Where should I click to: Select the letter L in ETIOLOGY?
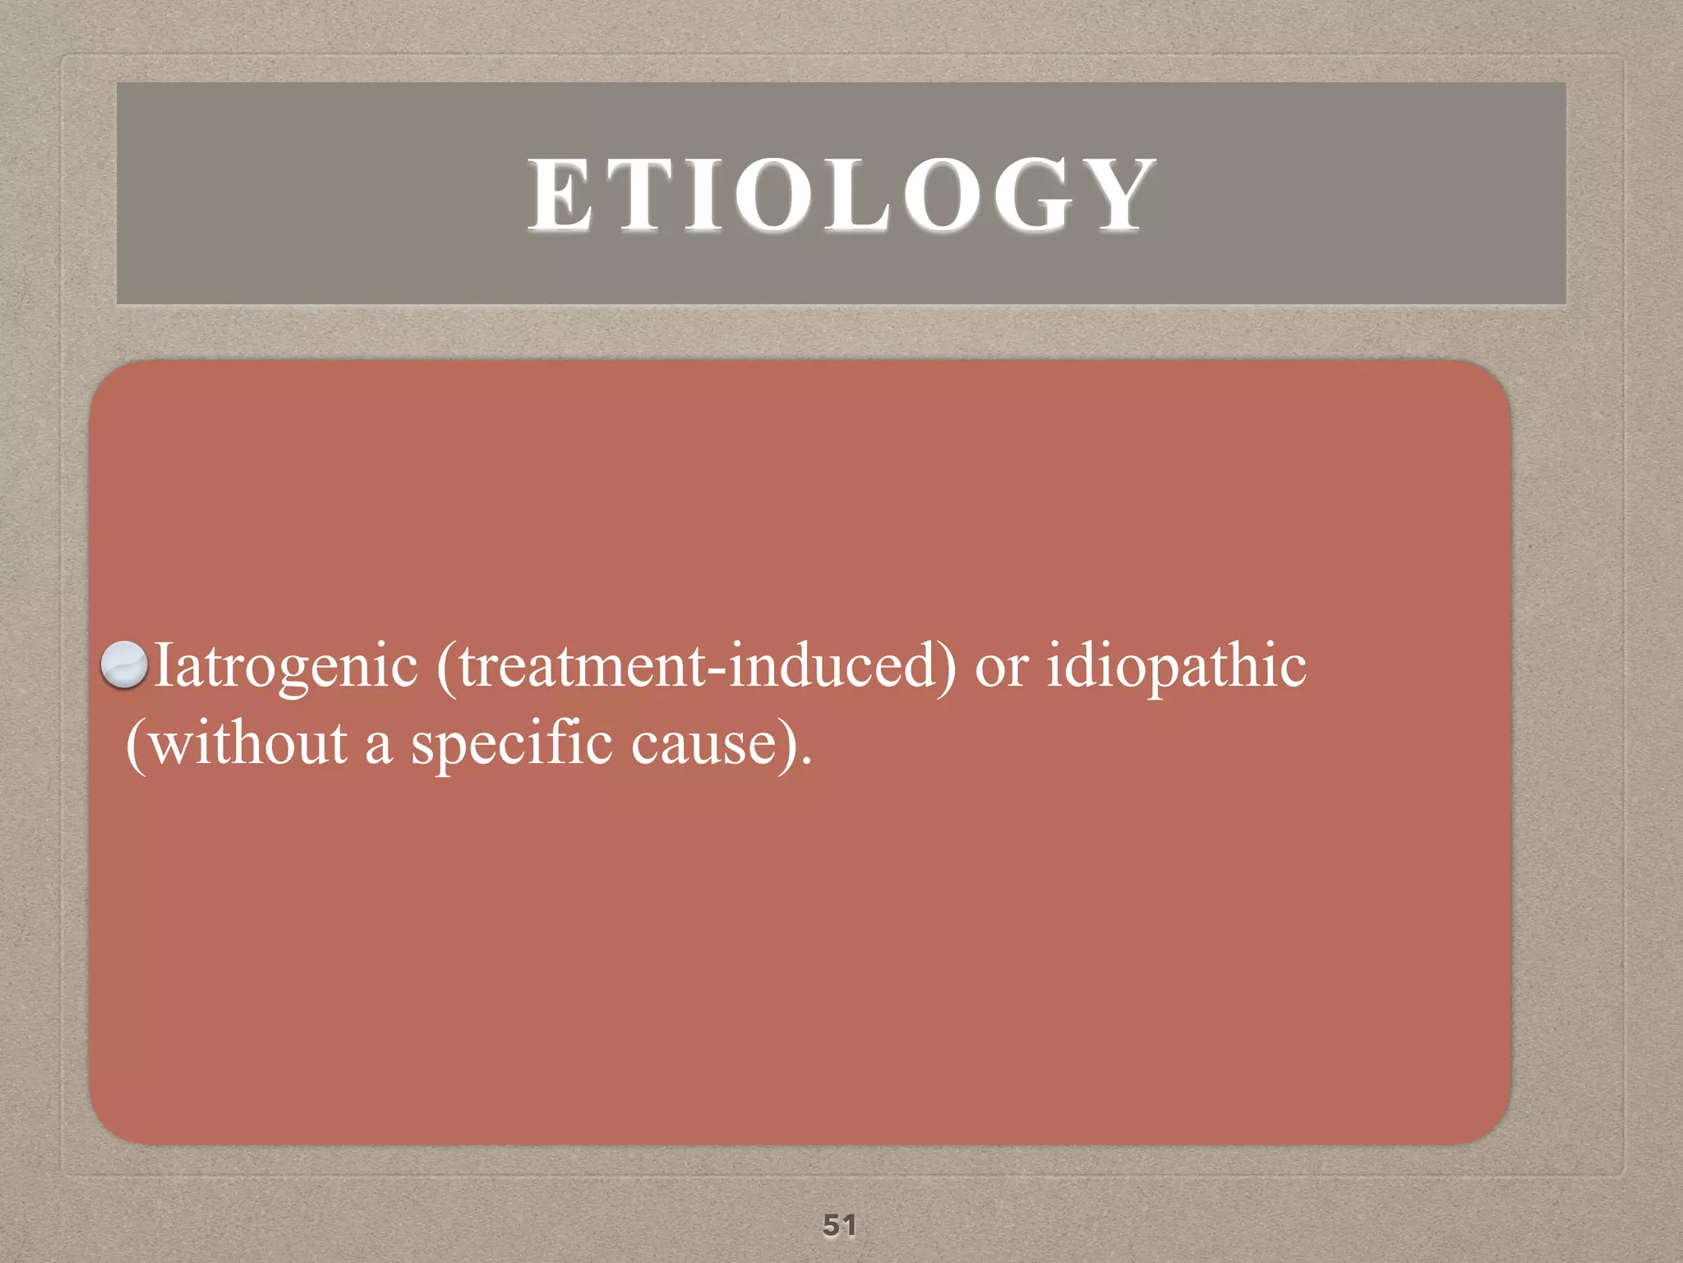(858, 196)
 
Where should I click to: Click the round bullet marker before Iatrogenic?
(124, 664)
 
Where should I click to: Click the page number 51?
(839, 1224)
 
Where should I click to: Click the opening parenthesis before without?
(135, 745)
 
